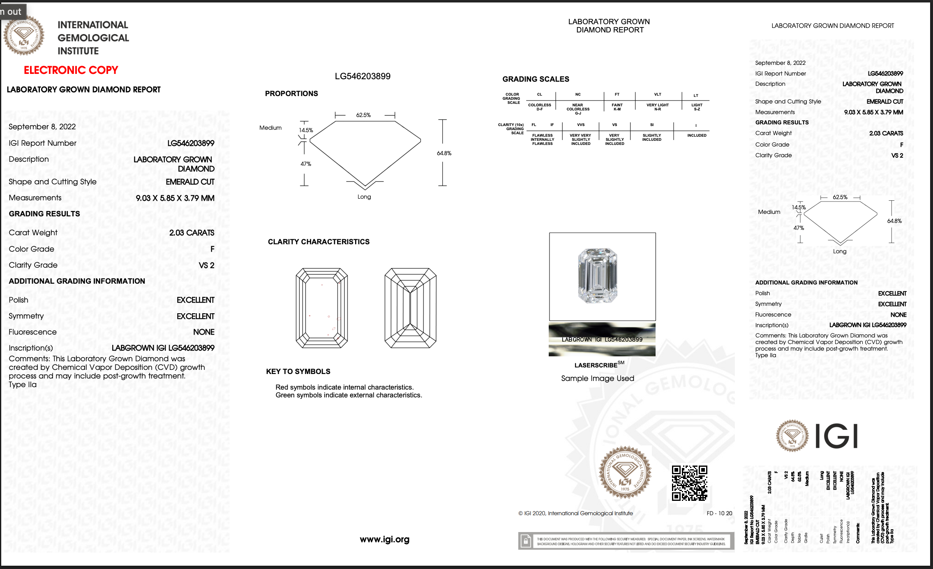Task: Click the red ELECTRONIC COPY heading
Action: tap(71, 70)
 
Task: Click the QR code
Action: tap(689, 483)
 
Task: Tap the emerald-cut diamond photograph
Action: tap(597, 275)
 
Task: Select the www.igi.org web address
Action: tap(384, 539)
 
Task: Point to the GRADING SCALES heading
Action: tap(536, 79)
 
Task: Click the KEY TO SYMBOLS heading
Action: tap(298, 372)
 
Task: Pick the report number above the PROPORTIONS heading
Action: tap(363, 76)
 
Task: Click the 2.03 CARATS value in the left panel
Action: tap(192, 233)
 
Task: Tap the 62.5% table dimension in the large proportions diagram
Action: tap(363, 115)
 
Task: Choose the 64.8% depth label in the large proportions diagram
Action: tap(444, 153)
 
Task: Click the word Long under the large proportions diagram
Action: tap(364, 197)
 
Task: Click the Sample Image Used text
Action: tap(598, 379)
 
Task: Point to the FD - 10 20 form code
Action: tap(719, 513)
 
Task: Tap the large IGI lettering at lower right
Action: tap(836, 436)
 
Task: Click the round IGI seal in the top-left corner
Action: tap(24, 36)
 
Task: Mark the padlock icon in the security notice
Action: tap(526, 541)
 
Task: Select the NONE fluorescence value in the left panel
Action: tap(204, 332)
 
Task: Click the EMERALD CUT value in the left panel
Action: tap(190, 182)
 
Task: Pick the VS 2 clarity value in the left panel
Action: tap(206, 265)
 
